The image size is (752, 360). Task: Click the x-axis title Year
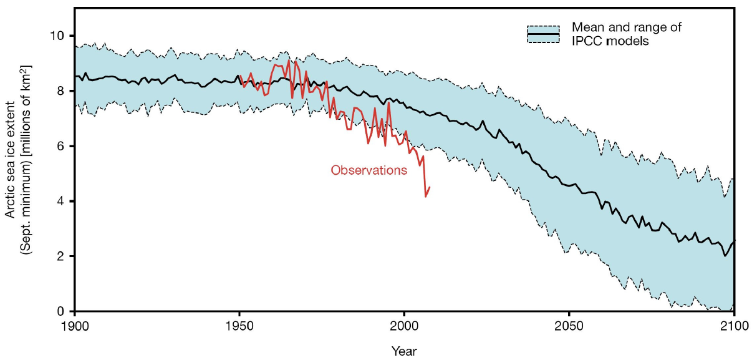click(x=404, y=350)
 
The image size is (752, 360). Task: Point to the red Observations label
click(x=369, y=170)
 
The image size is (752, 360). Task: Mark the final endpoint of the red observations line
click(x=430, y=187)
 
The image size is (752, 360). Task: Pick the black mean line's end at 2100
click(x=735, y=241)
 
